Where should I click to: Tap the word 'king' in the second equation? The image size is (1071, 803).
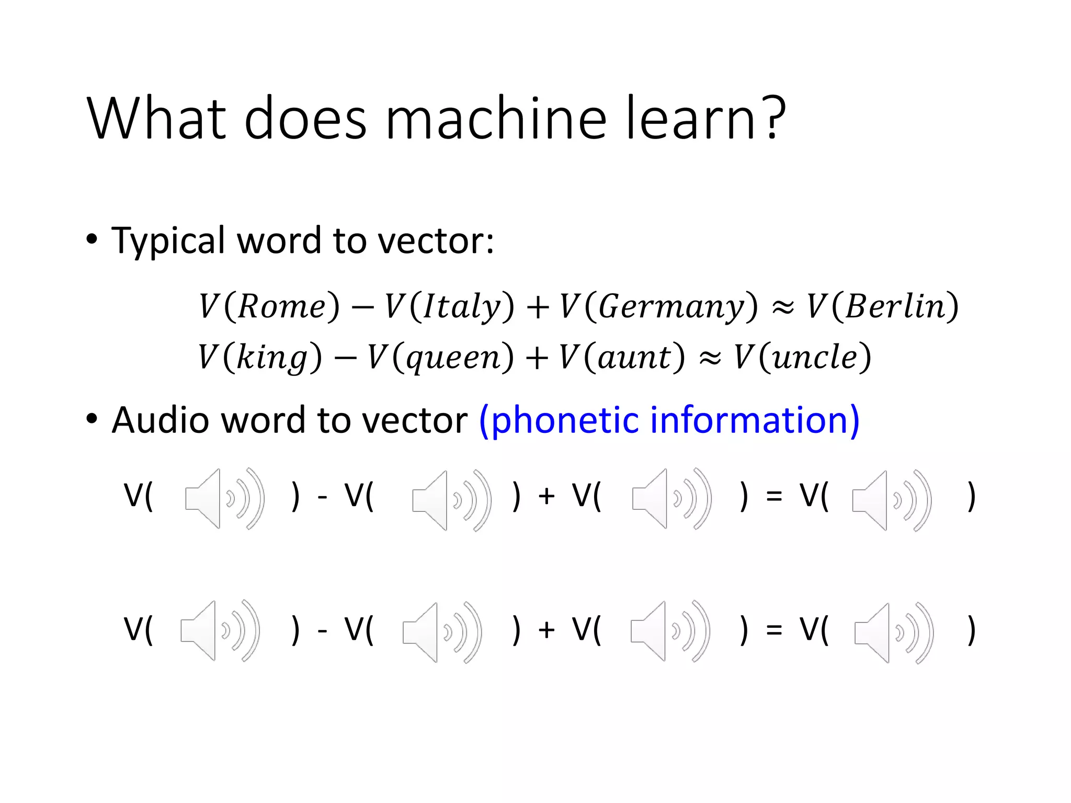click(x=272, y=357)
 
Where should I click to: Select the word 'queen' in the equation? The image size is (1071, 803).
click(x=453, y=357)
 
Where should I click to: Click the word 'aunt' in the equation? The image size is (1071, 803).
click(x=634, y=357)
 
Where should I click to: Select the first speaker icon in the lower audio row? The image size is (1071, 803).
click(x=220, y=630)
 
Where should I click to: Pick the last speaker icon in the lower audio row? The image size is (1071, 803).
click(x=894, y=633)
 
